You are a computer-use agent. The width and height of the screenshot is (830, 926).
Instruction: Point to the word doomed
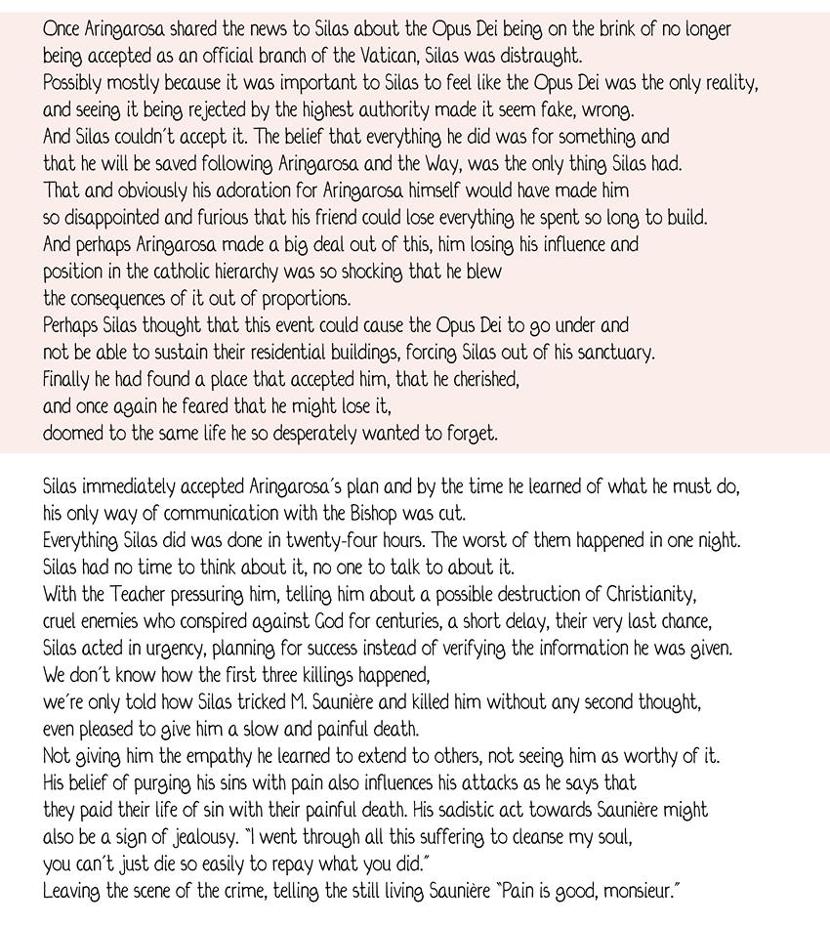pyautogui.click(x=72, y=433)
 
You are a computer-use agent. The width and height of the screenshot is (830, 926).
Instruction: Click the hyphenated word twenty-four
pyautogui.click(x=387, y=538)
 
